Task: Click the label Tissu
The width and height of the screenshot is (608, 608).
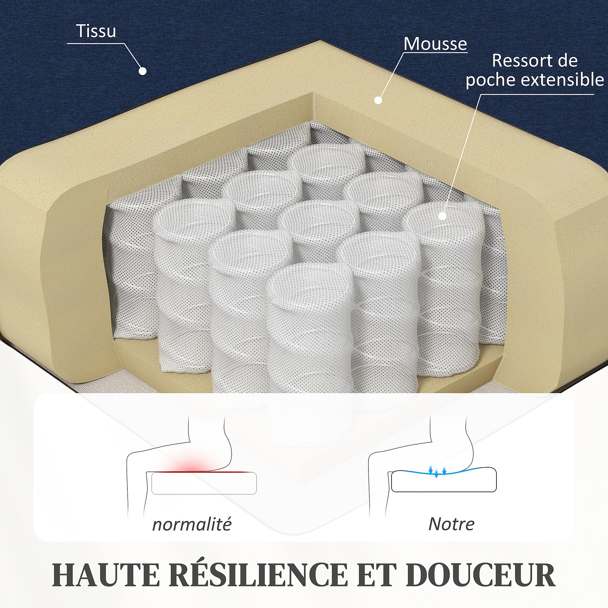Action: [96, 31]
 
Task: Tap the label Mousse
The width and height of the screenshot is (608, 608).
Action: [435, 44]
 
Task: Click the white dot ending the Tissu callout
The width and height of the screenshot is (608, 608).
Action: [143, 71]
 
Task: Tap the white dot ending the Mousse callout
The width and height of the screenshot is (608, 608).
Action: [378, 100]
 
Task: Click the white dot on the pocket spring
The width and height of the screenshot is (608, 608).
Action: [442, 216]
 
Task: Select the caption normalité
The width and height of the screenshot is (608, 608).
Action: [192, 524]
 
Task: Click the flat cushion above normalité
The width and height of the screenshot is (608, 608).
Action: [204, 483]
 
